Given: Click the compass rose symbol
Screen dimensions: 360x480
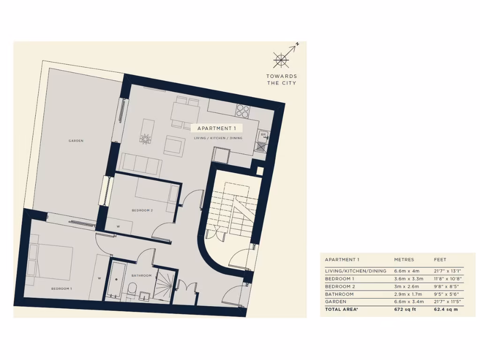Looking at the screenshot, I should pyautogui.click(x=281, y=60).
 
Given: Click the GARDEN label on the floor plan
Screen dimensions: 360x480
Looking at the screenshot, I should pyautogui.click(x=76, y=141).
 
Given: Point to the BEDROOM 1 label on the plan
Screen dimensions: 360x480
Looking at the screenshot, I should pyautogui.click(x=61, y=289).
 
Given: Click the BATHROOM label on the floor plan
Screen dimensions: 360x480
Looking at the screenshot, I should pyautogui.click(x=142, y=276).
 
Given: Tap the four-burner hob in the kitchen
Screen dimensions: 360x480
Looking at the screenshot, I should pyautogui.click(x=243, y=111).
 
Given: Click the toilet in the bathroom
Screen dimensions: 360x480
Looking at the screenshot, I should pyautogui.click(x=132, y=289).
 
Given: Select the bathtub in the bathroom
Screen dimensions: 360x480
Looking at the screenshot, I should pyautogui.click(x=116, y=279).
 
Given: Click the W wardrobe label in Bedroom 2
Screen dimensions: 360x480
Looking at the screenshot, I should pyautogui.click(x=118, y=226).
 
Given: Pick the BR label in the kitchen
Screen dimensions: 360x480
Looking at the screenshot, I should pyautogui.click(x=263, y=135).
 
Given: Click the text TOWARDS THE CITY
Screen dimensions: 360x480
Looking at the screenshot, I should pyautogui.click(x=281, y=80).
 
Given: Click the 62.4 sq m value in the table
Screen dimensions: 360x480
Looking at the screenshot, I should pyautogui.click(x=446, y=309).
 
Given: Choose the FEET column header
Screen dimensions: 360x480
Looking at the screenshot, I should pyautogui.click(x=440, y=260).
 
